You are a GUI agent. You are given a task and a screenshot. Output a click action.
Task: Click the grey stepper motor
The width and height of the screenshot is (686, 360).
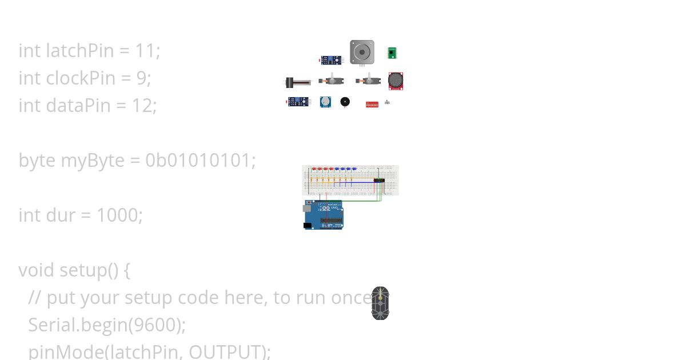pyautogui.click(x=362, y=52)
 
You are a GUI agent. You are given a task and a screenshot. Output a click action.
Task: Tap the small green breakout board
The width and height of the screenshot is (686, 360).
pyautogui.click(x=392, y=53)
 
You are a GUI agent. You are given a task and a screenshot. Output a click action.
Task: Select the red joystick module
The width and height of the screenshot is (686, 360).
pyautogui.click(x=396, y=81)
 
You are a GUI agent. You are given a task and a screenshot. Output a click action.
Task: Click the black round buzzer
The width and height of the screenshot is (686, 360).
pyautogui.click(x=345, y=102)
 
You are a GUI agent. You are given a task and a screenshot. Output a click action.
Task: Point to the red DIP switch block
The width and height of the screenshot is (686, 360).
pyautogui.click(x=372, y=105)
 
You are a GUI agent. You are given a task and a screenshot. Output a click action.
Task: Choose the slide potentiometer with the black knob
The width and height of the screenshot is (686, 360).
pyautogui.click(x=297, y=83)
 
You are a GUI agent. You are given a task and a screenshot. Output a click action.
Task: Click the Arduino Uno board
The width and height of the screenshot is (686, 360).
pyautogui.click(x=324, y=215)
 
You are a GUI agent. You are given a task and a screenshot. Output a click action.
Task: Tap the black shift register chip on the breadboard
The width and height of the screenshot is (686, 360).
pyautogui.click(x=379, y=181)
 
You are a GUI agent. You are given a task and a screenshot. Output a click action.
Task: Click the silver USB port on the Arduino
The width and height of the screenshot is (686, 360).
pyautogui.click(x=308, y=209)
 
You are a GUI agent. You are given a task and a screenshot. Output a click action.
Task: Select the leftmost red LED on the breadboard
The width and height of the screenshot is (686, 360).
pyautogui.click(x=313, y=169)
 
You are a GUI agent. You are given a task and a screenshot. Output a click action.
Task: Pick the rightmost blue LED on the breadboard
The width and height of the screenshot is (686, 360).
pyautogui.click(x=354, y=169)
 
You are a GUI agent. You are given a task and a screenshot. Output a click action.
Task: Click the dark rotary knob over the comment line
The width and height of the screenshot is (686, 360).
pyautogui.click(x=380, y=303)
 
